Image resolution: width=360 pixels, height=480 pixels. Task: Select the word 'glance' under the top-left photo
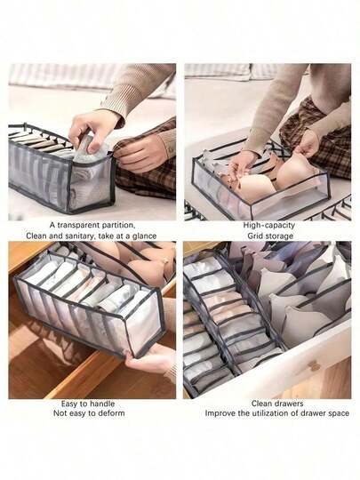(x=144, y=236)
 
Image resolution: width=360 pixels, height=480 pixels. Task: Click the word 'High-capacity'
(x=268, y=225)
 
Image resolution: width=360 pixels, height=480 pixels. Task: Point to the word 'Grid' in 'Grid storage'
(x=255, y=236)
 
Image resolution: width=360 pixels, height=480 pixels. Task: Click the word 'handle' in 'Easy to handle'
(x=102, y=404)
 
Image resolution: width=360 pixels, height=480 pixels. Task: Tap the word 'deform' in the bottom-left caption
(x=112, y=413)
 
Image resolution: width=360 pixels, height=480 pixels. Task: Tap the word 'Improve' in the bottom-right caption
(x=220, y=413)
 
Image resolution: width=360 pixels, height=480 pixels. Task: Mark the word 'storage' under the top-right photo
(x=278, y=236)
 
